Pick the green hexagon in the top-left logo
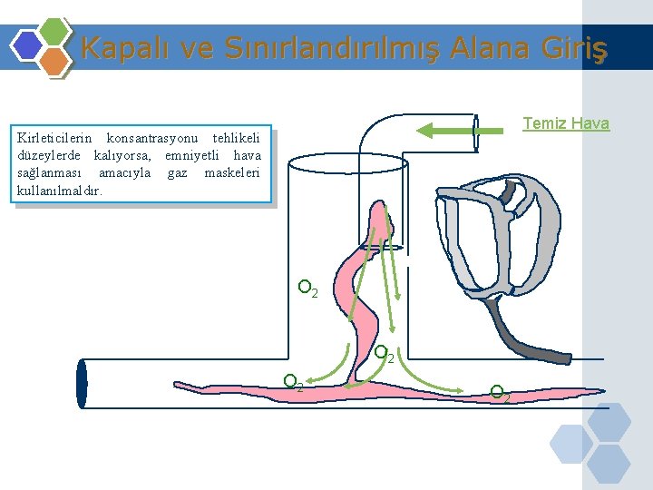tap(54, 33)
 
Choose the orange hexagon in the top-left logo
tap(54, 61)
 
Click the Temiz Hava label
tap(566, 123)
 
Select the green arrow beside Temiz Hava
tap(459, 132)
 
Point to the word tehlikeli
tap(236, 139)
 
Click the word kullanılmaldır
tap(60, 191)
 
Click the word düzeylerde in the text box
tap(48, 156)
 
